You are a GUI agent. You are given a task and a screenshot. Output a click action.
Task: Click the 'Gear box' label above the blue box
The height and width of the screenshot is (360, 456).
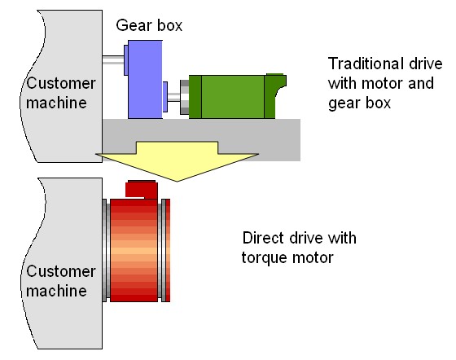tap(149, 25)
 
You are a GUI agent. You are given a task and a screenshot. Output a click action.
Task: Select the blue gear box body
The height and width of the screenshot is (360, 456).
tap(145, 79)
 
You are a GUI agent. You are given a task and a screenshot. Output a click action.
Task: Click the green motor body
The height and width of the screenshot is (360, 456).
tap(233, 97)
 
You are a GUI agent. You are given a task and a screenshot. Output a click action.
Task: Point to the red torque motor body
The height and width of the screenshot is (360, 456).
tap(134, 250)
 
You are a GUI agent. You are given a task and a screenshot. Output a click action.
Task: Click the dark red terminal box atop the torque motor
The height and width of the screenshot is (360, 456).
tap(142, 190)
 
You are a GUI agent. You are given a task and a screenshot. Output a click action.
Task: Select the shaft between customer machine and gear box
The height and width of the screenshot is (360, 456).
tap(113, 60)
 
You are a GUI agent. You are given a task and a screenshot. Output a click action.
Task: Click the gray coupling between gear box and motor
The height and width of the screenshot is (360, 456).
tap(184, 97)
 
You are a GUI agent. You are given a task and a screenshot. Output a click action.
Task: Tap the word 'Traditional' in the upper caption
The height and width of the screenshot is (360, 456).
tap(366, 64)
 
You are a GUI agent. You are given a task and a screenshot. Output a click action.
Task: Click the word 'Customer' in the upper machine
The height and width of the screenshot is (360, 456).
tap(61, 83)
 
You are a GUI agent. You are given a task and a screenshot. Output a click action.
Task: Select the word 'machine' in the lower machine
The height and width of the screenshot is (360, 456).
tap(56, 291)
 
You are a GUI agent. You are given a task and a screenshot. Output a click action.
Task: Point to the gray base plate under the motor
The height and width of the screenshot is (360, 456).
tap(201, 139)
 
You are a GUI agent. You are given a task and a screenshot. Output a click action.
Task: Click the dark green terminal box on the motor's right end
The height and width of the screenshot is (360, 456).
tap(275, 96)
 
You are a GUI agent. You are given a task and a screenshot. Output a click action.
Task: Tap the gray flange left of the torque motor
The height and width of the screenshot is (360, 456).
tap(106, 250)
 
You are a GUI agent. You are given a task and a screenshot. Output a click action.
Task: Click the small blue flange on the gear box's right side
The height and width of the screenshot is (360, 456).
tap(164, 97)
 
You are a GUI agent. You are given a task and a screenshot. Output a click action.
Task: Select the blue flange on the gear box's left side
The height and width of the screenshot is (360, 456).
tap(126, 60)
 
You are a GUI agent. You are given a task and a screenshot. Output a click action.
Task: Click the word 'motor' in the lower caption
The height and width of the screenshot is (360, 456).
tap(313, 258)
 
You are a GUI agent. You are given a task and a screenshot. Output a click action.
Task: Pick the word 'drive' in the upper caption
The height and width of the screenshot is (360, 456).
tap(426, 64)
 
